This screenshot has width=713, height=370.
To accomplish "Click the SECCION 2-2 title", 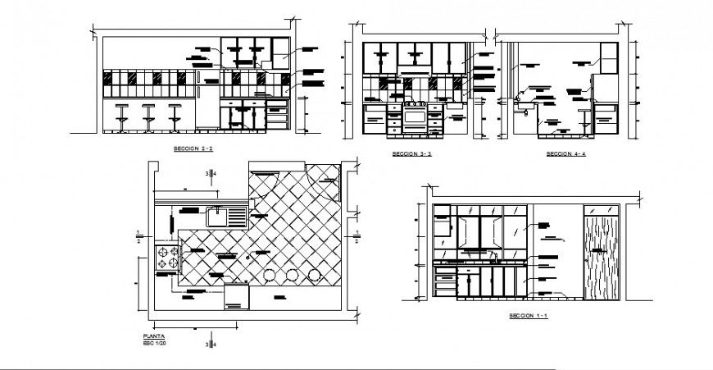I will click(x=193, y=148).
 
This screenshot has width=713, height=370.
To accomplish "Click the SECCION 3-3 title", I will click(x=411, y=153).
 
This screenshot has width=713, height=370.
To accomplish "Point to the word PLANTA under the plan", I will click(x=154, y=337).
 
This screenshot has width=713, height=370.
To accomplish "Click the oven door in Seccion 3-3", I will click(x=414, y=118).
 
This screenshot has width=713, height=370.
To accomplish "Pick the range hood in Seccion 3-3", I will click(x=414, y=62).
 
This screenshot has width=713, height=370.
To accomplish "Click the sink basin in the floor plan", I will click(x=217, y=217).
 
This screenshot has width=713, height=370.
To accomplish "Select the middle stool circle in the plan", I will click(x=291, y=276).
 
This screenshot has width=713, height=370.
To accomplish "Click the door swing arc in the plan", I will click(x=324, y=185).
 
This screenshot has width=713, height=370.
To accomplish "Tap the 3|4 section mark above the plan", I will click(x=211, y=173).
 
